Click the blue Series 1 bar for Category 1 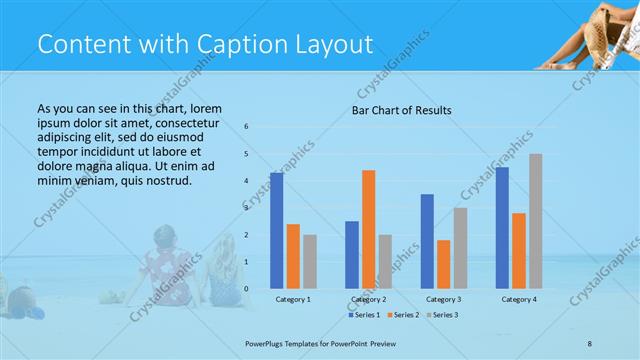[x=276, y=231]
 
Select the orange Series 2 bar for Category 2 [x=368, y=229]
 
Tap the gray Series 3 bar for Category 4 [x=536, y=221]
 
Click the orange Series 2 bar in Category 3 [x=444, y=264]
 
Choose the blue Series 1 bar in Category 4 [x=502, y=228]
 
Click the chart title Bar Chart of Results [x=402, y=110]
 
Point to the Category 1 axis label [x=293, y=299]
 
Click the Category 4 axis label [x=518, y=299]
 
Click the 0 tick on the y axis [x=247, y=289]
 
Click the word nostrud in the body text [x=167, y=180]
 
